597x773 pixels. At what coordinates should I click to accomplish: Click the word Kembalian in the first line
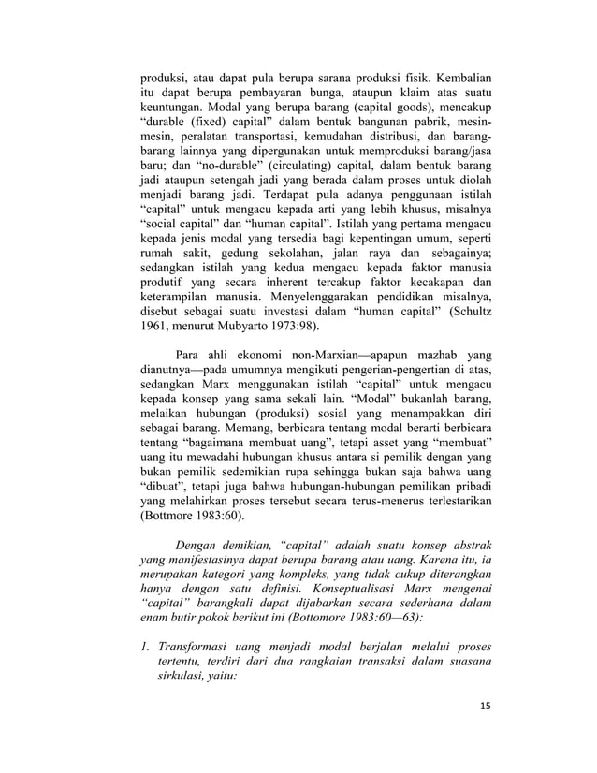tap(459, 76)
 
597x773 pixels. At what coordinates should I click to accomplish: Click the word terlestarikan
tap(453, 500)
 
